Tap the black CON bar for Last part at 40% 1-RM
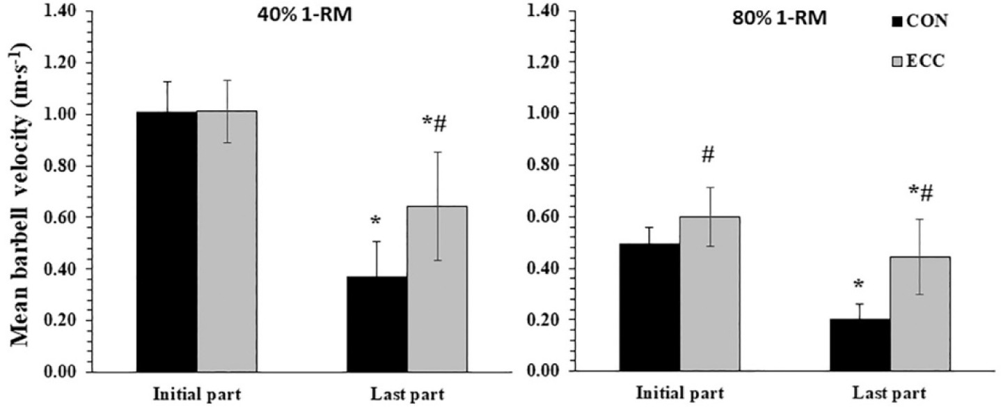(377, 324)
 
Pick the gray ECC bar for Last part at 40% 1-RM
(437, 289)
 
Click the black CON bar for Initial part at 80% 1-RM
(649, 307)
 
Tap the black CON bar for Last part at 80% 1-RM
(859, 345)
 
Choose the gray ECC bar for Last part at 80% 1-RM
(920, 314)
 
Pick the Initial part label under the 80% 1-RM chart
(679, 394)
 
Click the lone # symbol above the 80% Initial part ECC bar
(708, 155)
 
